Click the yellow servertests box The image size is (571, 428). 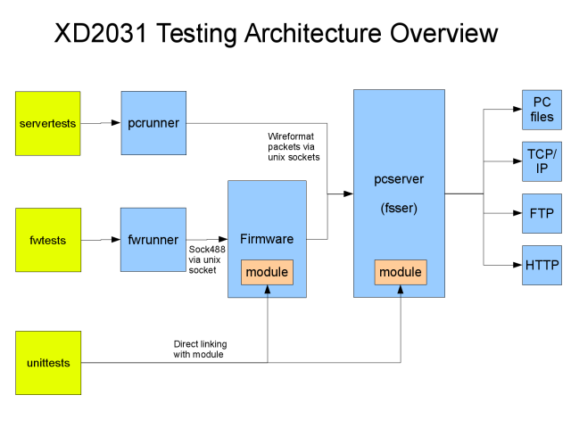pyautogui.click(x=47, y=123)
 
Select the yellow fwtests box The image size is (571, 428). pyautogui.click(x=48, y=240)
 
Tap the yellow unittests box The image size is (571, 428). pyautogui.click(x=48, y=363)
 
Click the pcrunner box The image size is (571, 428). pyautogui.click(x=153, y=123)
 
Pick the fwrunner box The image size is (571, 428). pyautogui.click(x=153, y=240)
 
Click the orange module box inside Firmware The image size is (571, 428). pyautogui.click(x=267, y=272)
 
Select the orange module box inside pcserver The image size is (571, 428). pyautogui.click(x=401, y=272)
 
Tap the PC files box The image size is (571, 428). pyautogui.click(x=542, y=110)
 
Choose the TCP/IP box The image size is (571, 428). pyautogui.click(x=542, y=161)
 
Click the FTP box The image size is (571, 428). pyautogui.click(x=542, y=213)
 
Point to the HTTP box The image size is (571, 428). pyautogui.click(x=542, y=265)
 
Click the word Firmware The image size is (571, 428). pyautogui.click(x=267, y=239)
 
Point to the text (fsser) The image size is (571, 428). pyautogui.click(x=399, y=208)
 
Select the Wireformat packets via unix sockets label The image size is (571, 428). pyautogui.click(x=294, y=146)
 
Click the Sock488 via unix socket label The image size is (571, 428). pyautogui.click(x=207, y=259)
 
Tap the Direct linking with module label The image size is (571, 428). pyautogui.click(x=200, y=349)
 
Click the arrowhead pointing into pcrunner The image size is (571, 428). pyautogui.click(x=116, y=123)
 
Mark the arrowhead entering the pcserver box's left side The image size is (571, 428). pyautogui.click(x=348, y=193)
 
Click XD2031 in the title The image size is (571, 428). pyautogui.click(x=101, y=33)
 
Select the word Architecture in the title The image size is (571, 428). pyautogui.click(x=313, y=33)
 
